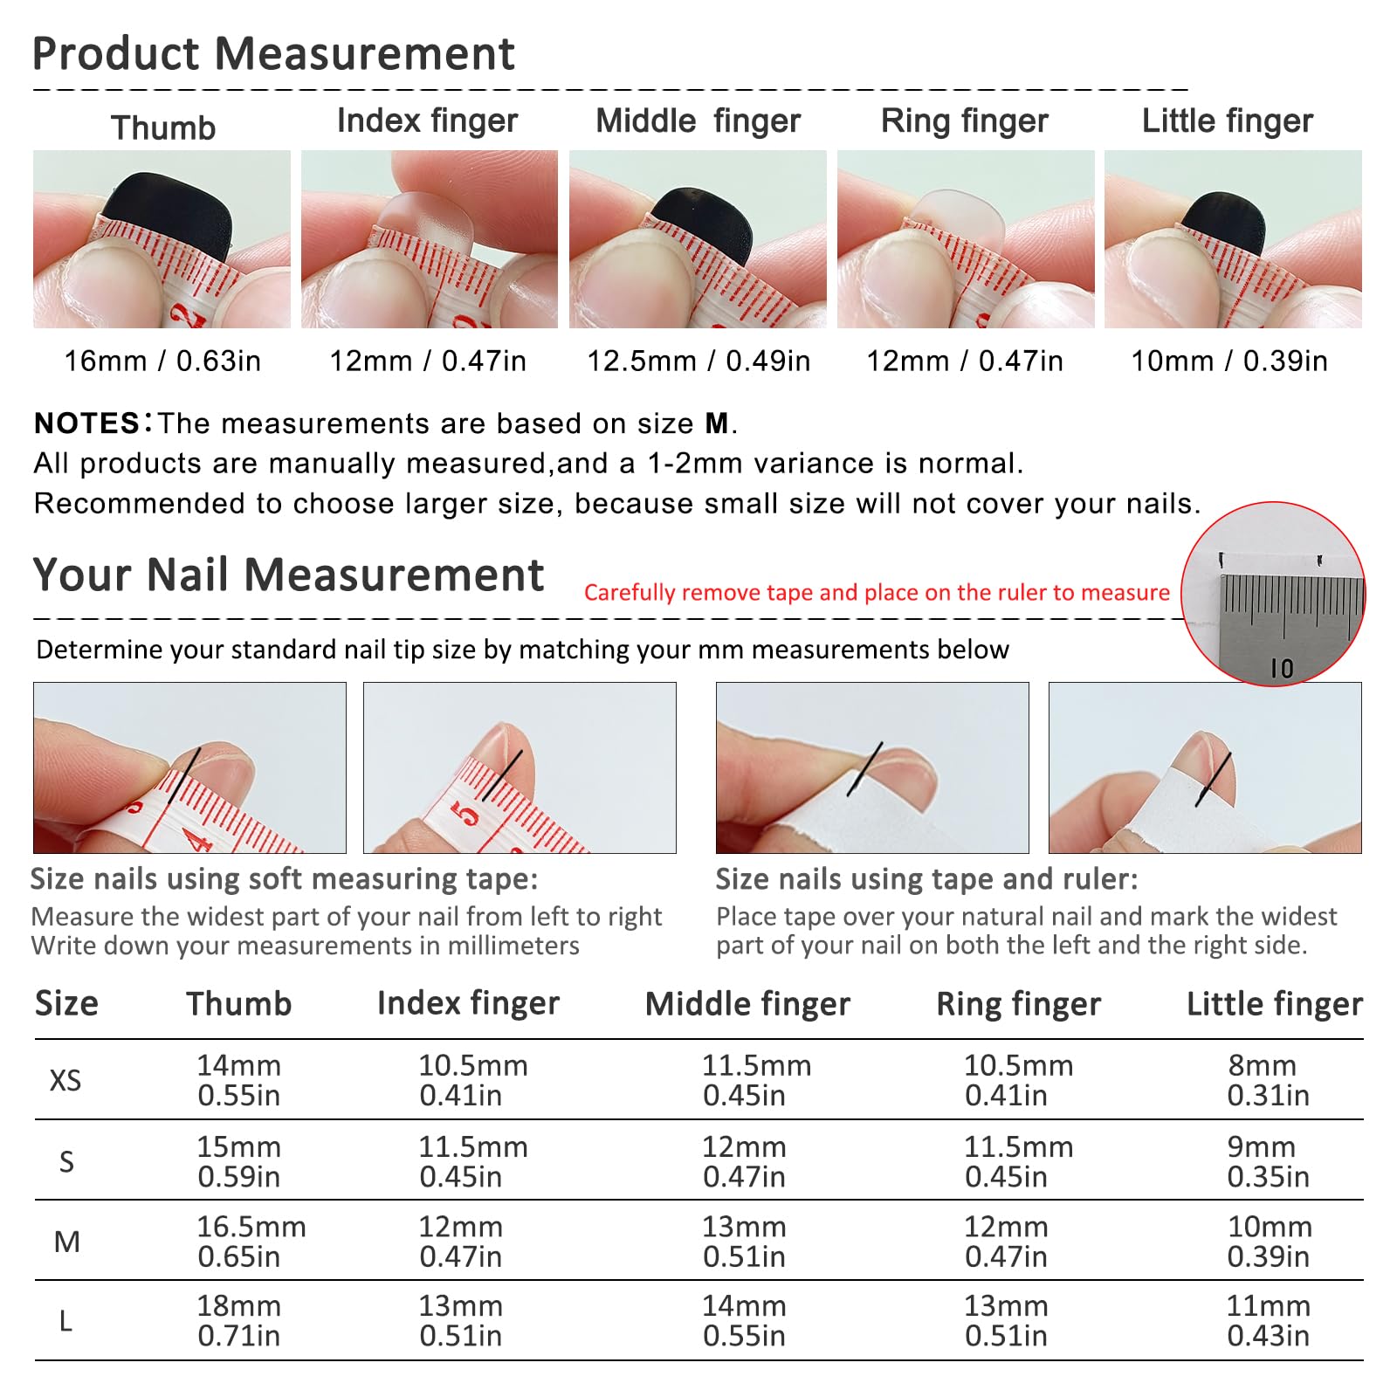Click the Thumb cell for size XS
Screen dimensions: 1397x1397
238,1080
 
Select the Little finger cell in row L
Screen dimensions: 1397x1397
1269,1320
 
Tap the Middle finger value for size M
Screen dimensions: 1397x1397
744,1242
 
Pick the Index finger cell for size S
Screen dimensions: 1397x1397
473,1161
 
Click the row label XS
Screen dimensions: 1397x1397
65,1081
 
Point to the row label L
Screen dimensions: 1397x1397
65,1321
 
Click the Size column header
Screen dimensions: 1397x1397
66,1004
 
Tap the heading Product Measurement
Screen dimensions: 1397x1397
273,53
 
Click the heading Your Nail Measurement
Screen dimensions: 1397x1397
288,575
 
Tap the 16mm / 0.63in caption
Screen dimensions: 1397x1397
162,361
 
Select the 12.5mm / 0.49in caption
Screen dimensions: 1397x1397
698,361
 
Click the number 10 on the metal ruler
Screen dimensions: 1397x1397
1282,669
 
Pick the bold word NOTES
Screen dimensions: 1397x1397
86,423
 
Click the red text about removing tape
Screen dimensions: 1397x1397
877,593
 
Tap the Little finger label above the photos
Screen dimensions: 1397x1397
1228,121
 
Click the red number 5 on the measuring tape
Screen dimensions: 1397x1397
465,814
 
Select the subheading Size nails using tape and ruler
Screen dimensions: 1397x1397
927,879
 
